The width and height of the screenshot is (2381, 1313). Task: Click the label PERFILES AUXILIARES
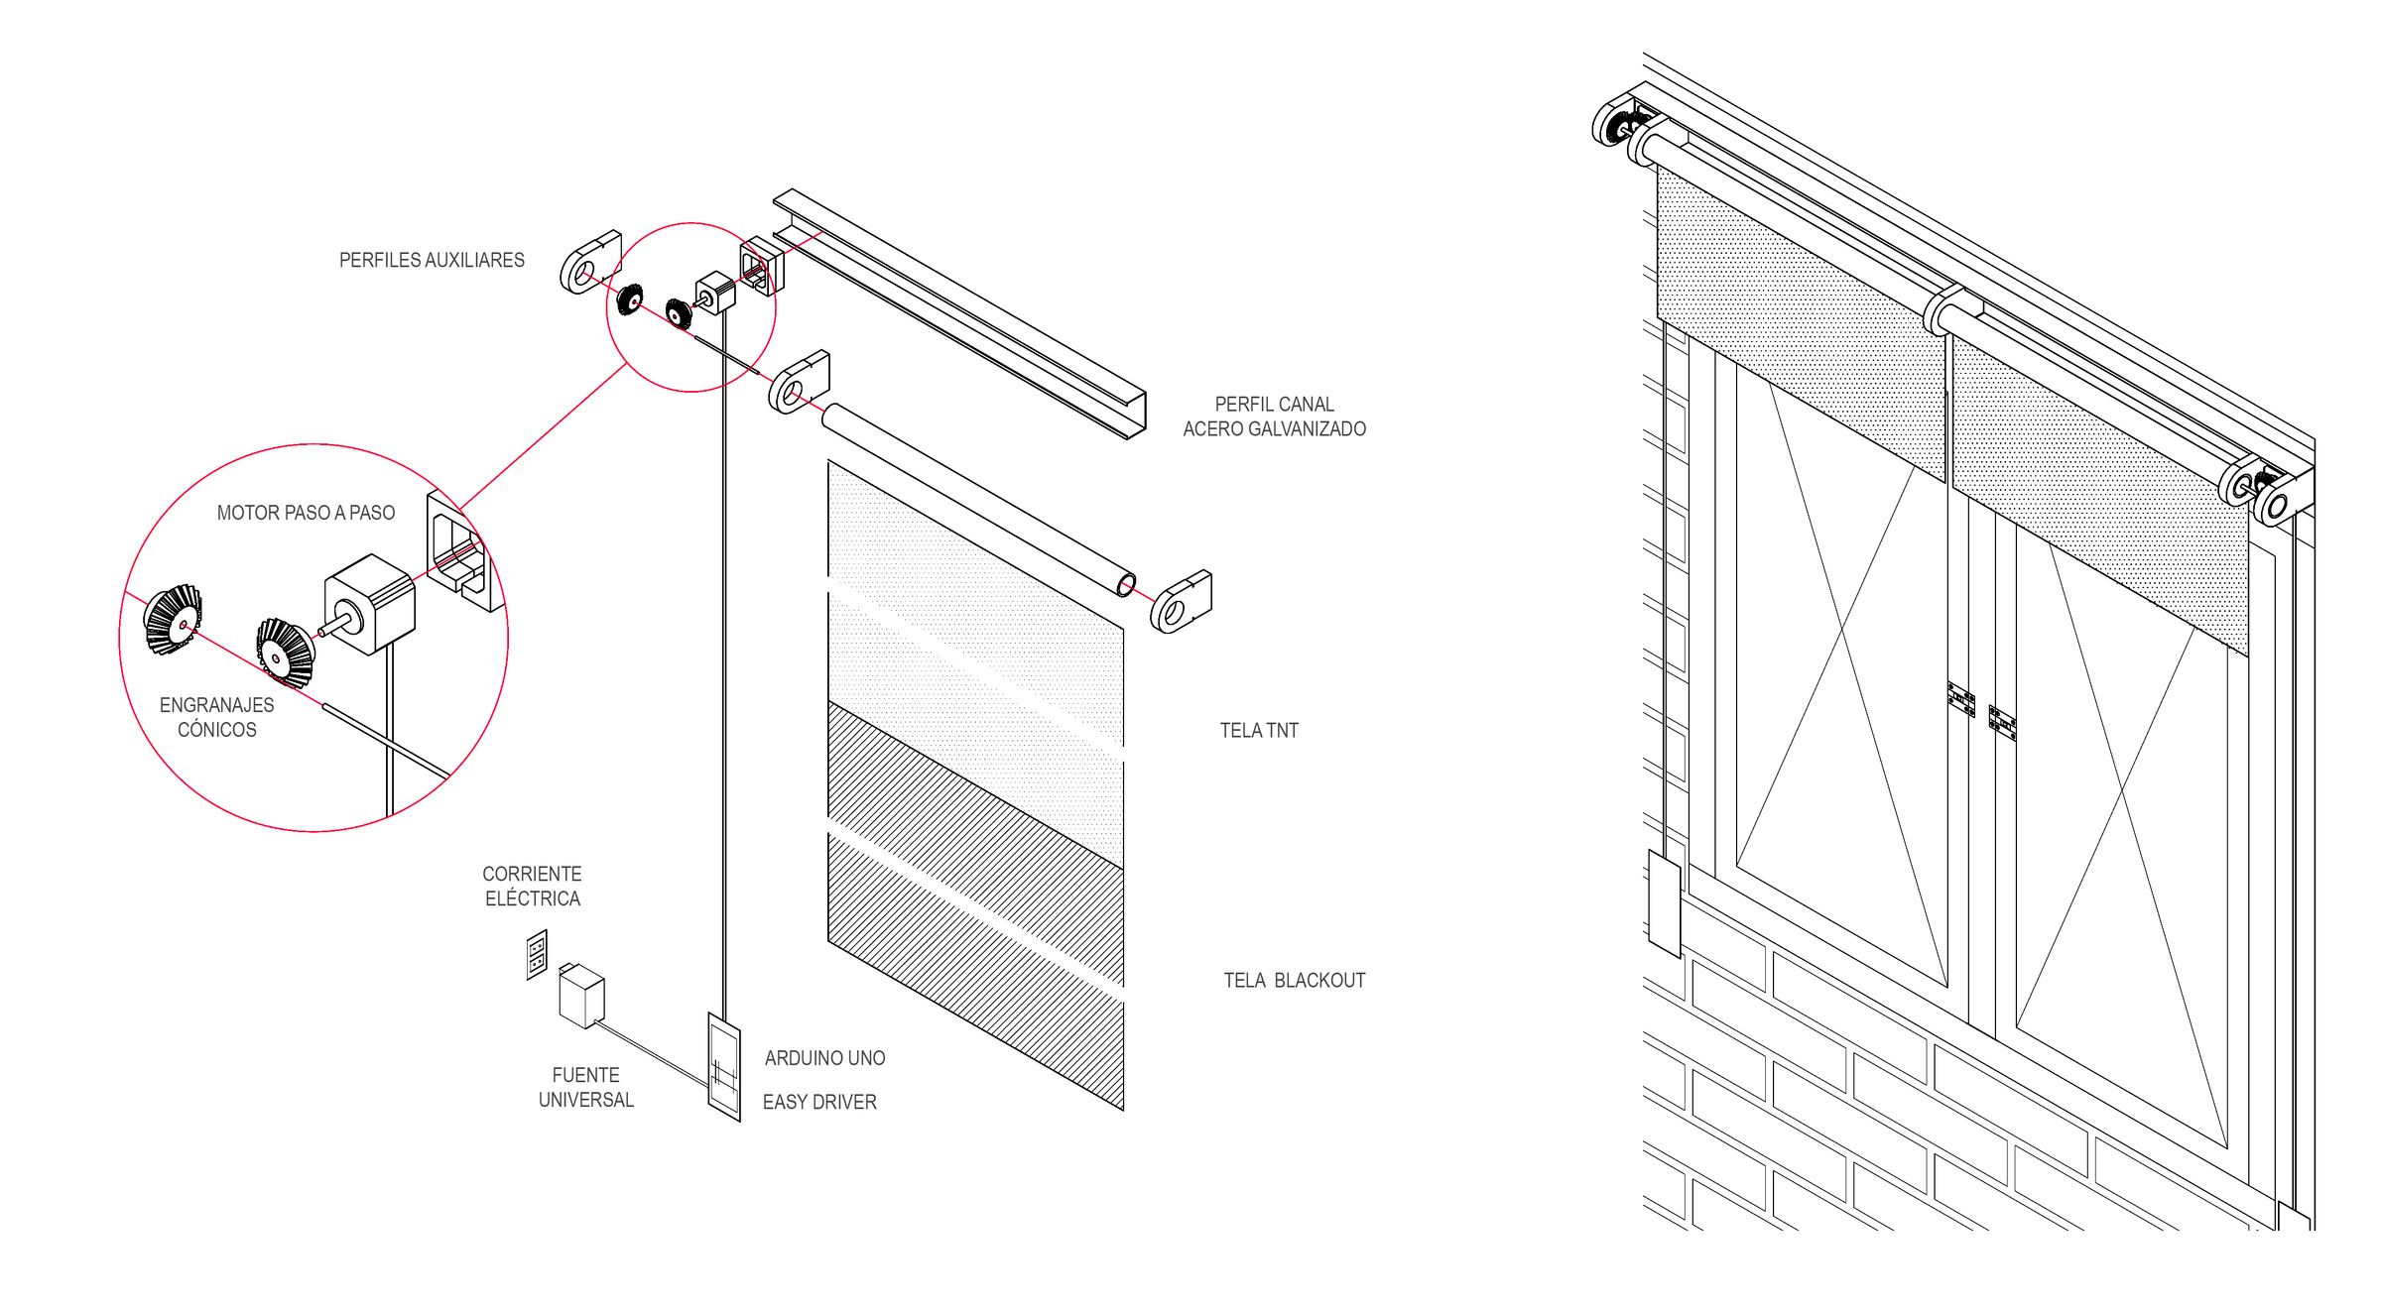pos(432,260)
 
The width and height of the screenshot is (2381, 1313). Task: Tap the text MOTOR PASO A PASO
pos(306,513)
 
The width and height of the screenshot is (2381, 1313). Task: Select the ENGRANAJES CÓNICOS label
pos(216,717)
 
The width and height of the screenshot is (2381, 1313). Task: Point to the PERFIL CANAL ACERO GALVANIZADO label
pos(1274,417)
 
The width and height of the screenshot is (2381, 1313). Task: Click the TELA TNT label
pos(1259,731)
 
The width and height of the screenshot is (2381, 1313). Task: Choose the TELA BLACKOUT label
pos(1294,981)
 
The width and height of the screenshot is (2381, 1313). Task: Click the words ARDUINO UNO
pos(824,1058)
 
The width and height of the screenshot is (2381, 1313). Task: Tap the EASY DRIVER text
pos(819,1102)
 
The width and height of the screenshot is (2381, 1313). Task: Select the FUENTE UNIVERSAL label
pos(585,1087)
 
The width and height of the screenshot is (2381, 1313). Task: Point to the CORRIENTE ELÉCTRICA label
pos(532,886)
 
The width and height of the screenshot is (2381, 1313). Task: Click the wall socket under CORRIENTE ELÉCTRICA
pos(537,954)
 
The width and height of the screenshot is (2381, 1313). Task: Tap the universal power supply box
pos(581,996)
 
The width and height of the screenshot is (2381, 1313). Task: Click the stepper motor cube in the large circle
pos(370,604)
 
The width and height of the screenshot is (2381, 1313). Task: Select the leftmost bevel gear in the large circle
pos(173,619)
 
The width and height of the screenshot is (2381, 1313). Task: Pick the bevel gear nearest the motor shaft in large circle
pos(285,651)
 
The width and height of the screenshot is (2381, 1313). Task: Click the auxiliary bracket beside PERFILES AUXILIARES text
pos(590,262)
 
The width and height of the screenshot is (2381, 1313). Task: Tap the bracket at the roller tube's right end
pos(1181,601)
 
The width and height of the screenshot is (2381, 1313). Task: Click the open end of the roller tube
pos(1126,585)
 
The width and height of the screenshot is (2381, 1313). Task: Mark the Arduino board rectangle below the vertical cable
pos(724,1066)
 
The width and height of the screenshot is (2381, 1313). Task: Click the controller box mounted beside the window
pos(1664,902)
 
